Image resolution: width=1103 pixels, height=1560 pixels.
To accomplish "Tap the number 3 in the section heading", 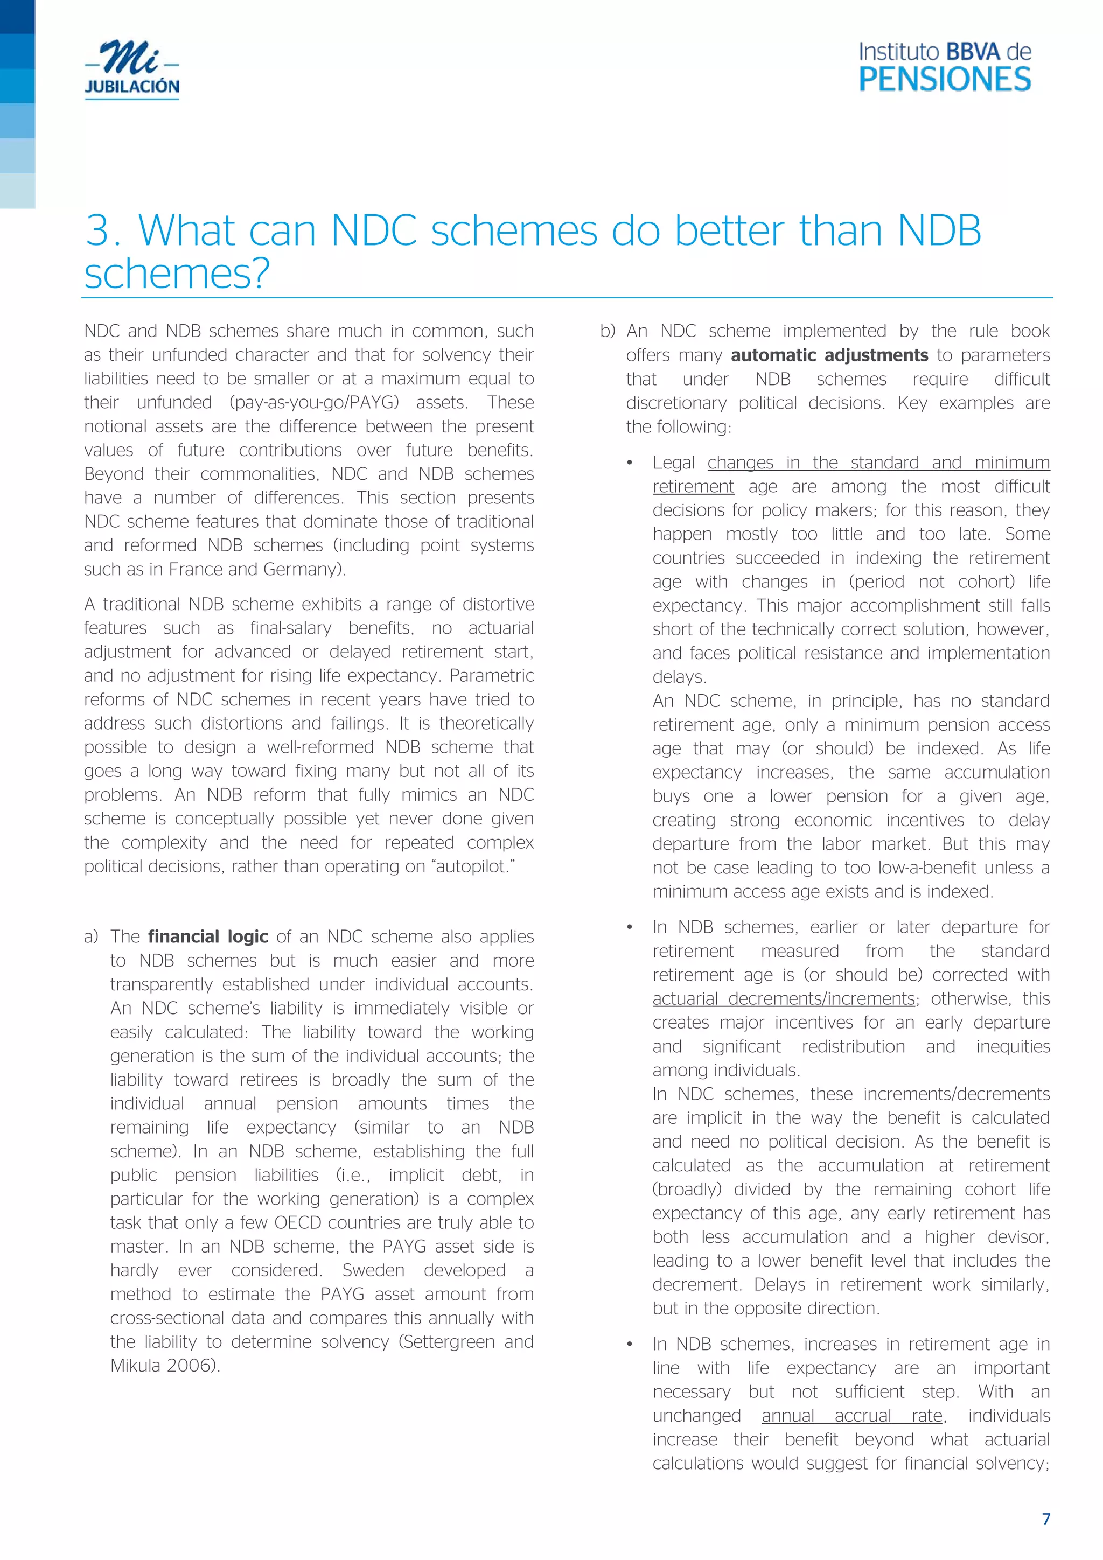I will point(99,231).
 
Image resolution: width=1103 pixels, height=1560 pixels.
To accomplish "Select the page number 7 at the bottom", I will point(1046,1519).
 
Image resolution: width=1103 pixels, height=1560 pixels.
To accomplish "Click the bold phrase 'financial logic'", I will point(208,937).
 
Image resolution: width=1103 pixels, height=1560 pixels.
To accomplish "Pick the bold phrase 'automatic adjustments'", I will point(829,355).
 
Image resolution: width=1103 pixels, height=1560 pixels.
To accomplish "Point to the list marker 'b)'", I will point(608,332).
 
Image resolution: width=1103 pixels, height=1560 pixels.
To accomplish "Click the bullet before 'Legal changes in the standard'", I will point(630,464).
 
